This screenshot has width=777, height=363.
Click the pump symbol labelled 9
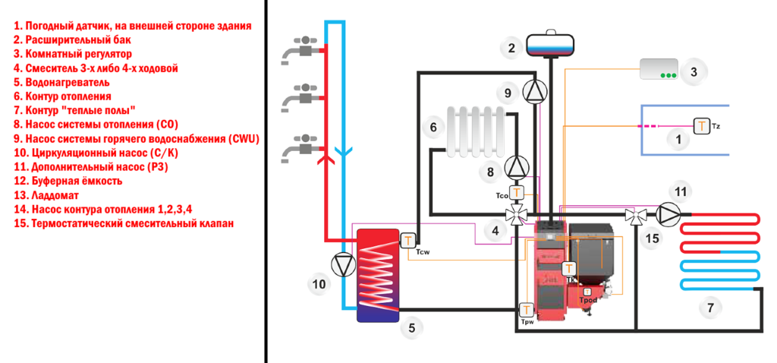tap(535, 91)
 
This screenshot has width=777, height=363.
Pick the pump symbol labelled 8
tap(517, 166)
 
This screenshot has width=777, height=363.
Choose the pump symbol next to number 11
tap(668, 213)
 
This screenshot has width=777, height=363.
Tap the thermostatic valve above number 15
tap(631, 215)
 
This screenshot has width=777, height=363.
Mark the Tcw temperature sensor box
tap(408, 241)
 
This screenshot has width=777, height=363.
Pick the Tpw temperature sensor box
tap(526, 310)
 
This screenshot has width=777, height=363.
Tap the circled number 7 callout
tap(710, 308)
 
